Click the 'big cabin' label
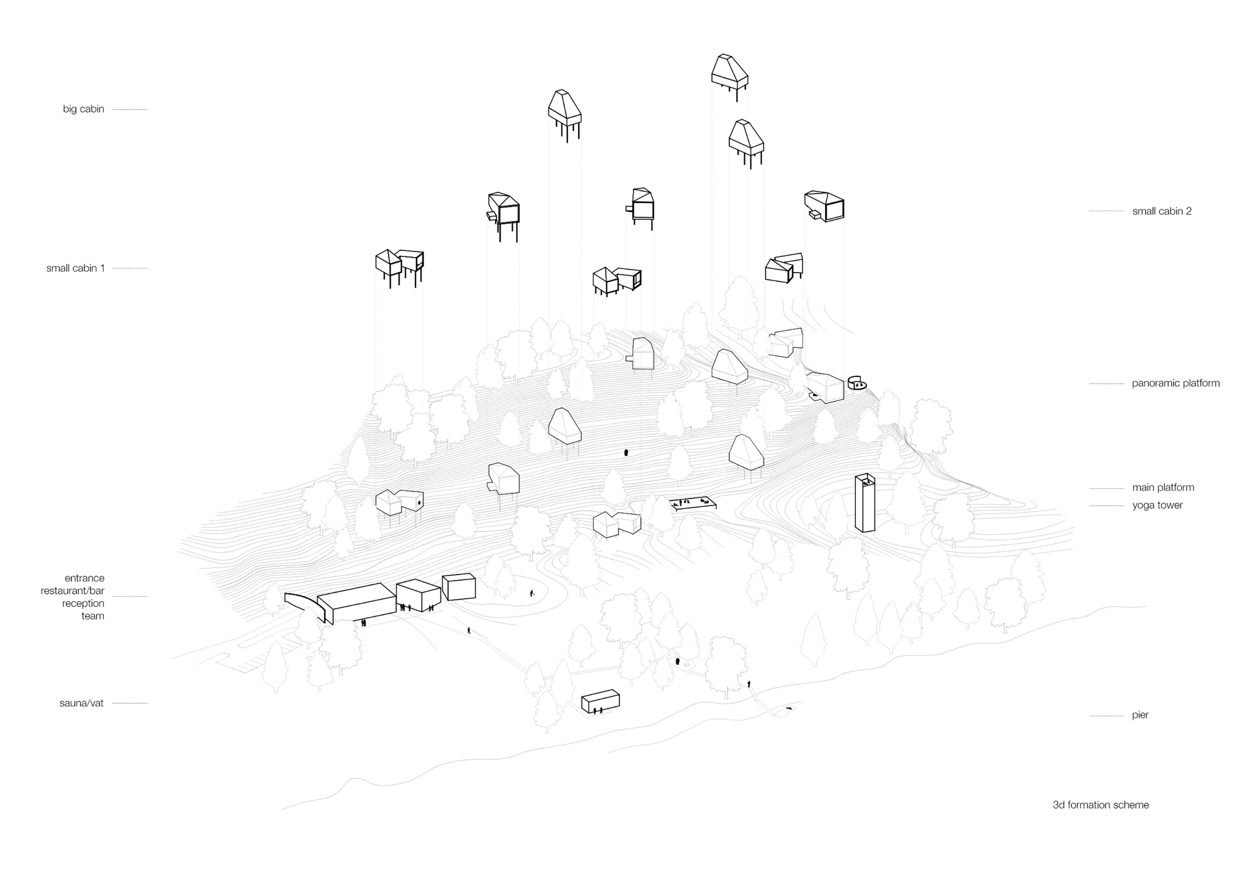coord(83,109)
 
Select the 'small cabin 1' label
coord(75,268)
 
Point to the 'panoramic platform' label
coord(1175,383)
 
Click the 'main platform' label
coord(1163,488)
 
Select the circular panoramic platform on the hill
coord(857,384)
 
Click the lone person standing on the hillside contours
coord(626,452)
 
